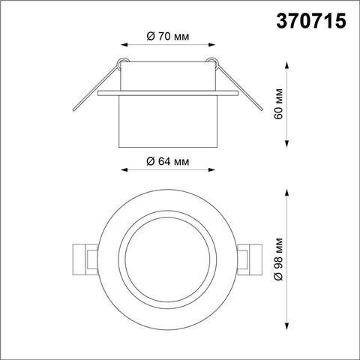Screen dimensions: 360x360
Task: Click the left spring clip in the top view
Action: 82,259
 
